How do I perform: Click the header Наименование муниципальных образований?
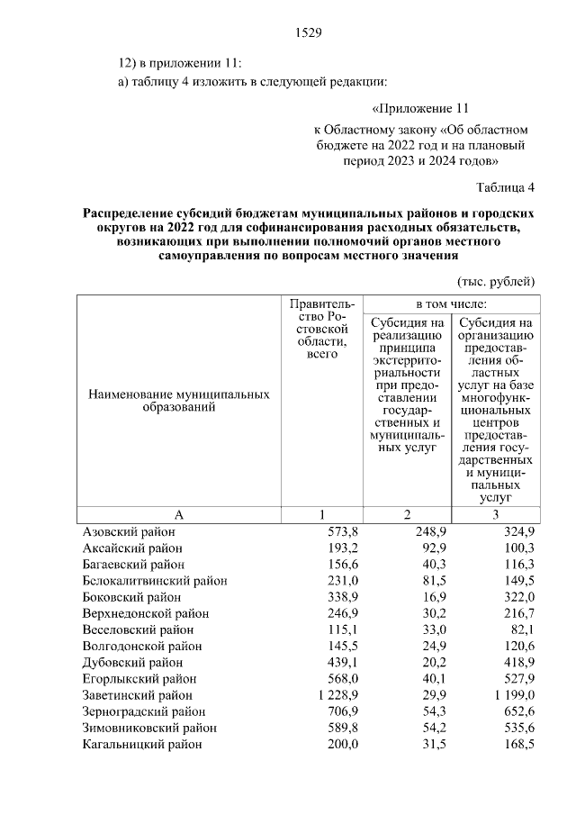[178, 402]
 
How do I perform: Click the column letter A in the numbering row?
[178, 514]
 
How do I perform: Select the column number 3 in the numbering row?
[494, 514]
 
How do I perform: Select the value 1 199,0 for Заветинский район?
[511, 695]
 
